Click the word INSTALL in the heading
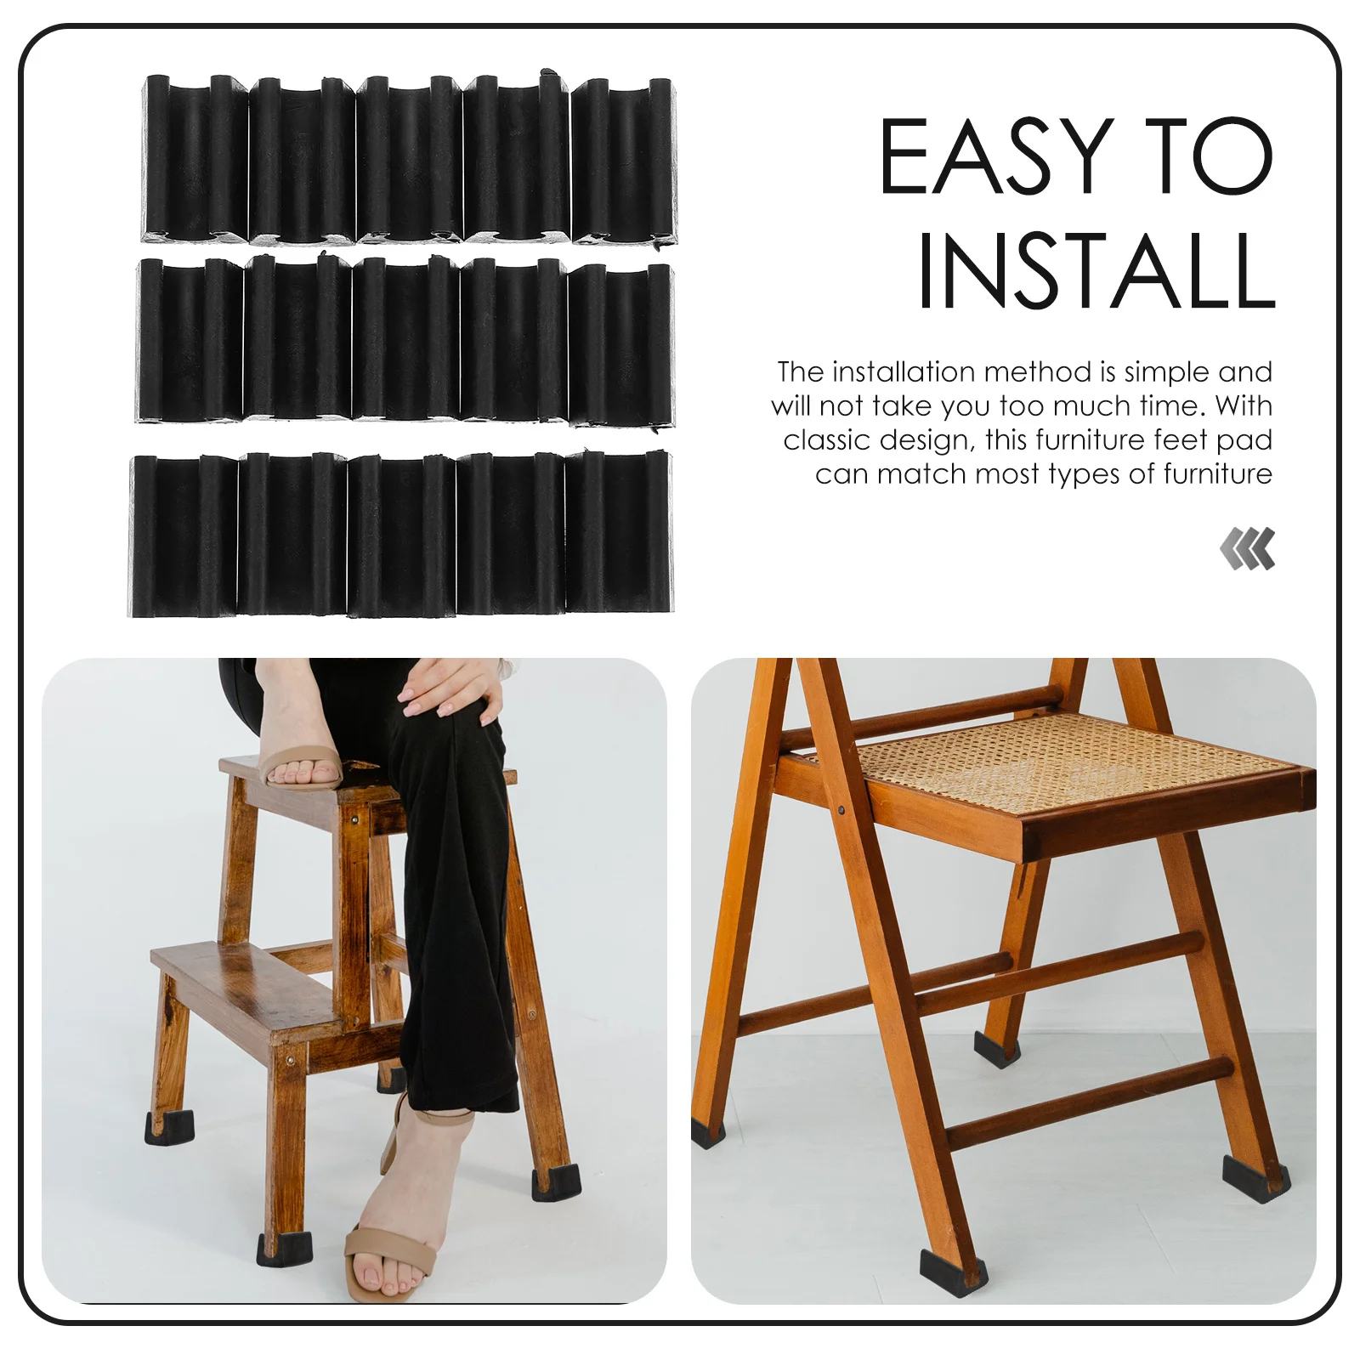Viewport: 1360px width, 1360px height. (x=1096, y=271)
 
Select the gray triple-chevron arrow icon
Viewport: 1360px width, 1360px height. (x=1247, y=548)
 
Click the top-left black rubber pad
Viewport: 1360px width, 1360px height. (x=195, y=159)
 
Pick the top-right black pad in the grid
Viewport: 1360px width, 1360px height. (x=624, y=161)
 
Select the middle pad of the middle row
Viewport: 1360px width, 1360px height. (x=405, y=340)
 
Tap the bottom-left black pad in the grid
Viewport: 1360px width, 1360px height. (x=183, y=535)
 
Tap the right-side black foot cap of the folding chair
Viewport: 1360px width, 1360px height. (x=1255, y=1177)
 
